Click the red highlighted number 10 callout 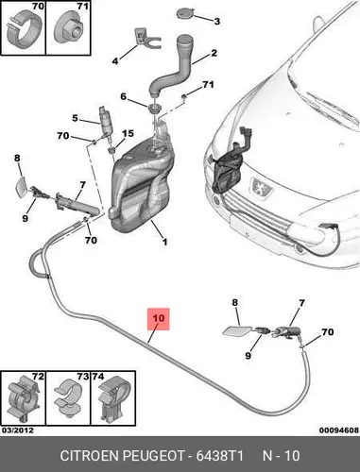coord(159,319)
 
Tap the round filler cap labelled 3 coord(184,14)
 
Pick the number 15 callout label coord(128,133)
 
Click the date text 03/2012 coord(18,430)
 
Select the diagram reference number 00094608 coord(339,430)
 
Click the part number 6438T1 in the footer coord(219,456)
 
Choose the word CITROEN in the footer coord(89,456)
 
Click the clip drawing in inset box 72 coord(23,398)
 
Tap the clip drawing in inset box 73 coord(68,396)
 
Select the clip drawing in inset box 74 coord(112,397)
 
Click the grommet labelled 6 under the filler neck coord(154,108)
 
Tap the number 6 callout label coord(124,96)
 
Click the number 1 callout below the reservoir coord(164,242)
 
